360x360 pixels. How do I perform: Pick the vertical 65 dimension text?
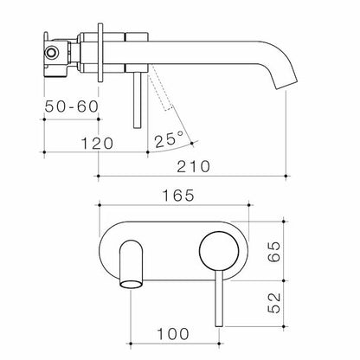click(321, 258)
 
